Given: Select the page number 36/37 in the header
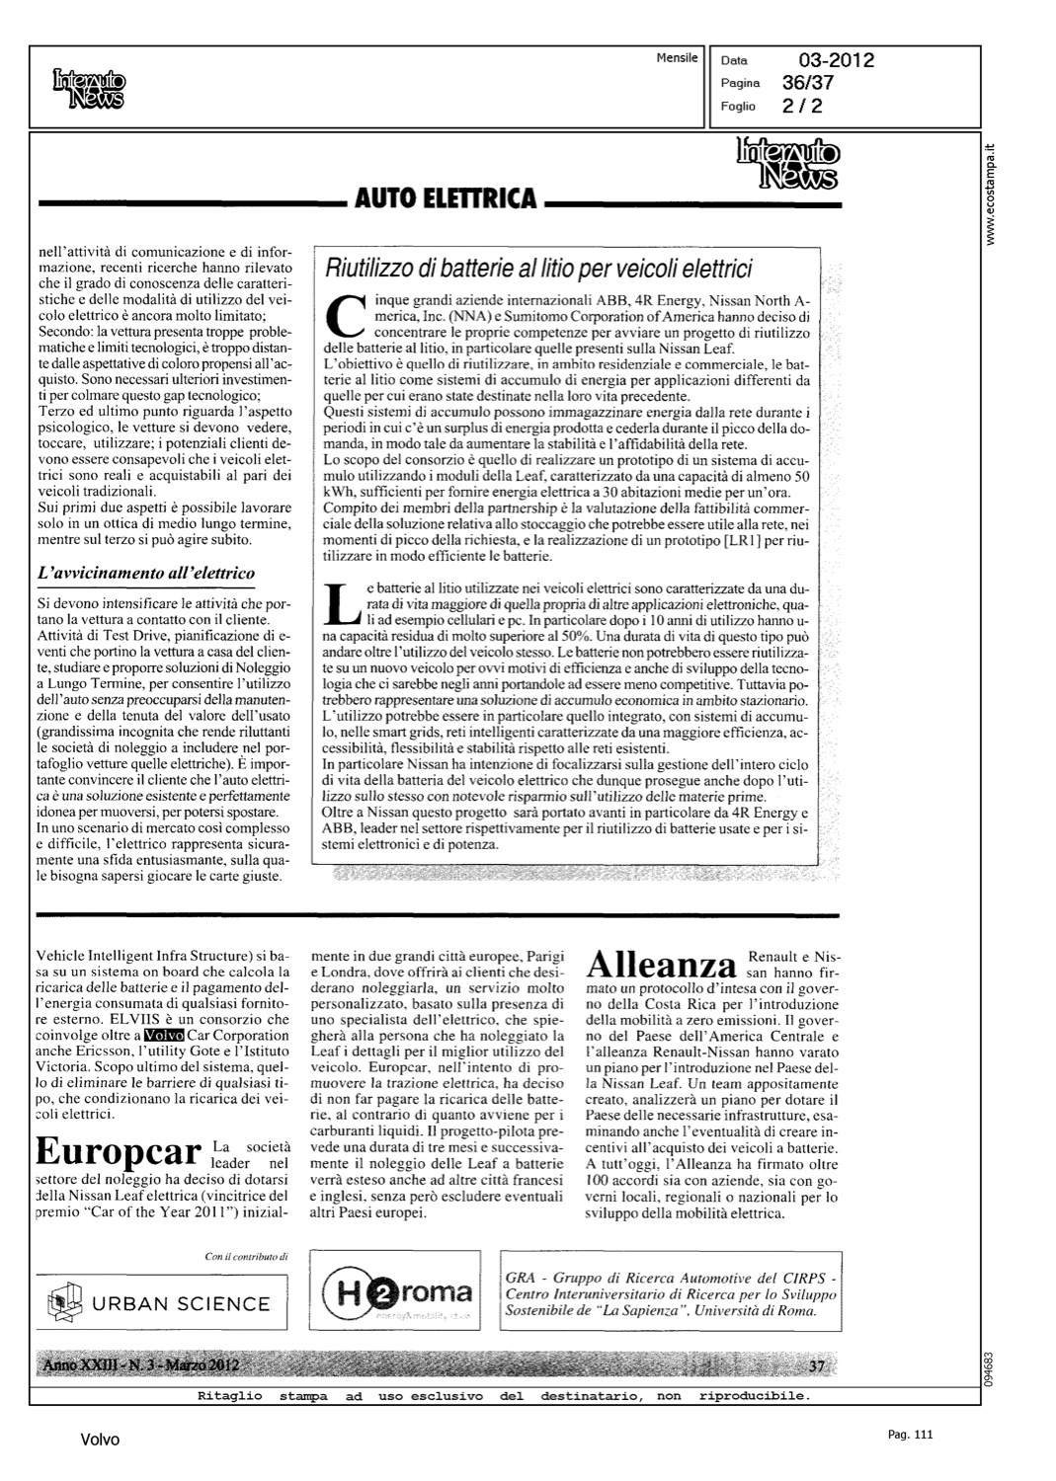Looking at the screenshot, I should click(x=808, y=83).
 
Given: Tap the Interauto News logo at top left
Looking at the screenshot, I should click(x=90, y=87).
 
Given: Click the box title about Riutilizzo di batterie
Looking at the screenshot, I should click(x=539, y=269).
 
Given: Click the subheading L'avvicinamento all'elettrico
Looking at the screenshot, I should click(x=145, y=573).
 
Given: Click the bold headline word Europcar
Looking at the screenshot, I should click(x=118, y=1152).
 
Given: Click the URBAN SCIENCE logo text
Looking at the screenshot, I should click(x=181, y=1303).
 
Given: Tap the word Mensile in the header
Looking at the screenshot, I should click(x=677, y=58).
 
